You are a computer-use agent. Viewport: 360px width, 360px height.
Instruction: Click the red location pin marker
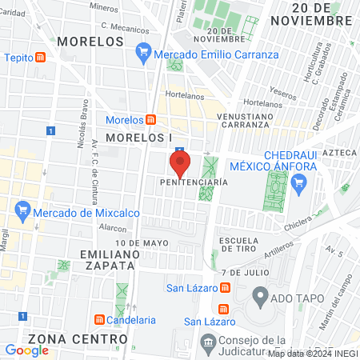180,164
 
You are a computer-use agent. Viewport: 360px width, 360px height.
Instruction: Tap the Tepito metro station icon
51,58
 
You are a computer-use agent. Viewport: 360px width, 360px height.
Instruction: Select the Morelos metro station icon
151,120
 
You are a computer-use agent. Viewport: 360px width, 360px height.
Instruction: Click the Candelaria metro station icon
98,320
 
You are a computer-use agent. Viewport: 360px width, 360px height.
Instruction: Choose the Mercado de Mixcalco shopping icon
22,213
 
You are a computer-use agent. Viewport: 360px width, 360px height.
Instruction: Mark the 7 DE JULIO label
242,272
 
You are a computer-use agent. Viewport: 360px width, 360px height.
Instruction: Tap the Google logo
26,350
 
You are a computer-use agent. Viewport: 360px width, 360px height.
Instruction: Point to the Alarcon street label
114,227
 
